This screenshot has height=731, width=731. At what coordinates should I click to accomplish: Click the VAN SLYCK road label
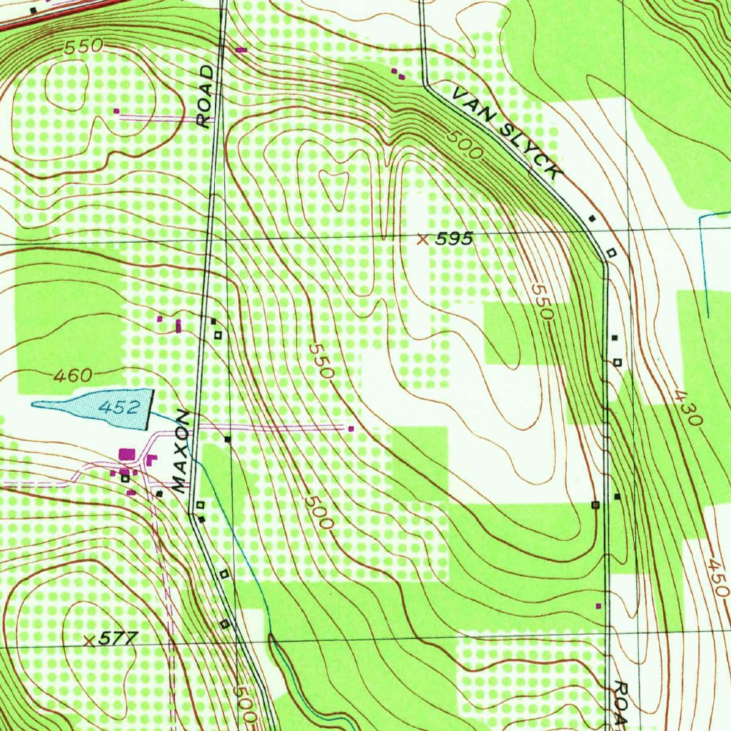point(507,131)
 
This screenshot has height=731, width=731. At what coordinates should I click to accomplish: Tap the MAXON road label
point(181,452)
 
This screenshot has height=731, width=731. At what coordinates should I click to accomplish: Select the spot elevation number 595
point(454,240)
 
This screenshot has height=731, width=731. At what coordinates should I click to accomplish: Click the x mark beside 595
point(423,240)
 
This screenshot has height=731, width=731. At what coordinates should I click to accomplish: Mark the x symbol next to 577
point(89,640)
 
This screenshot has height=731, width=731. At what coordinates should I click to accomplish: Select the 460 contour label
point(72,375)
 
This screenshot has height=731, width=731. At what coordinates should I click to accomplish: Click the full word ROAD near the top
point(206,96)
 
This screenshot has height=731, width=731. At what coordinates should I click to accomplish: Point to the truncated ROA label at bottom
point(620,702)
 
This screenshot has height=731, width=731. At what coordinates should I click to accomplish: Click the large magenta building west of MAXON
point(128,453)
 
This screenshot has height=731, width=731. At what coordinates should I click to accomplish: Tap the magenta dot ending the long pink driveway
point(351,428)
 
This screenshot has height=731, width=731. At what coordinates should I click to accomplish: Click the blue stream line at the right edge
point(706,264)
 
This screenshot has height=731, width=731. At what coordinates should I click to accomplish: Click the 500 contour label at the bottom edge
point(245,703)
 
